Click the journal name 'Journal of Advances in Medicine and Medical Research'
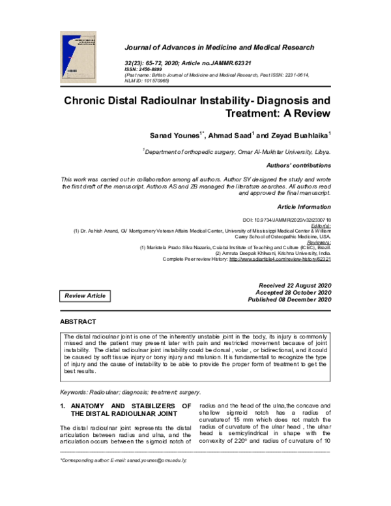219,48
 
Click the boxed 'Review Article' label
83,296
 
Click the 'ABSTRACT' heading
78,322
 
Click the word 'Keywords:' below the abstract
75,392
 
